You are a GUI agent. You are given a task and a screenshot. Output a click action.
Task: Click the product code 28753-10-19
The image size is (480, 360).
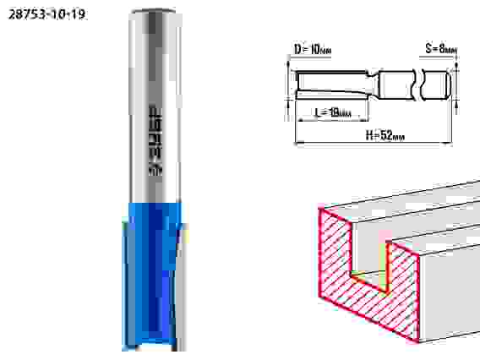46,14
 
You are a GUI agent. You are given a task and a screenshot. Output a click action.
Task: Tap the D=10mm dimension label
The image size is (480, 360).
312,49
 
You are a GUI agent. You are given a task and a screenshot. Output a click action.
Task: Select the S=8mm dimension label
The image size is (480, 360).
441,48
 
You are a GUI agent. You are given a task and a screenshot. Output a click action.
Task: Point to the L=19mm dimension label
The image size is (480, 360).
333,112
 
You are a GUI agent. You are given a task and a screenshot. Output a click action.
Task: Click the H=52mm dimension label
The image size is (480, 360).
385,134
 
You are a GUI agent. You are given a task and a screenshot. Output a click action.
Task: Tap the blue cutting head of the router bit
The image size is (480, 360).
150,275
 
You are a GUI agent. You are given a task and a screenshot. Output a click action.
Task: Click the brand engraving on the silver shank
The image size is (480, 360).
155,141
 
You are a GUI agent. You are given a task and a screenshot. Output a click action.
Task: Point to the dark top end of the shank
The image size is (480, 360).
153,12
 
